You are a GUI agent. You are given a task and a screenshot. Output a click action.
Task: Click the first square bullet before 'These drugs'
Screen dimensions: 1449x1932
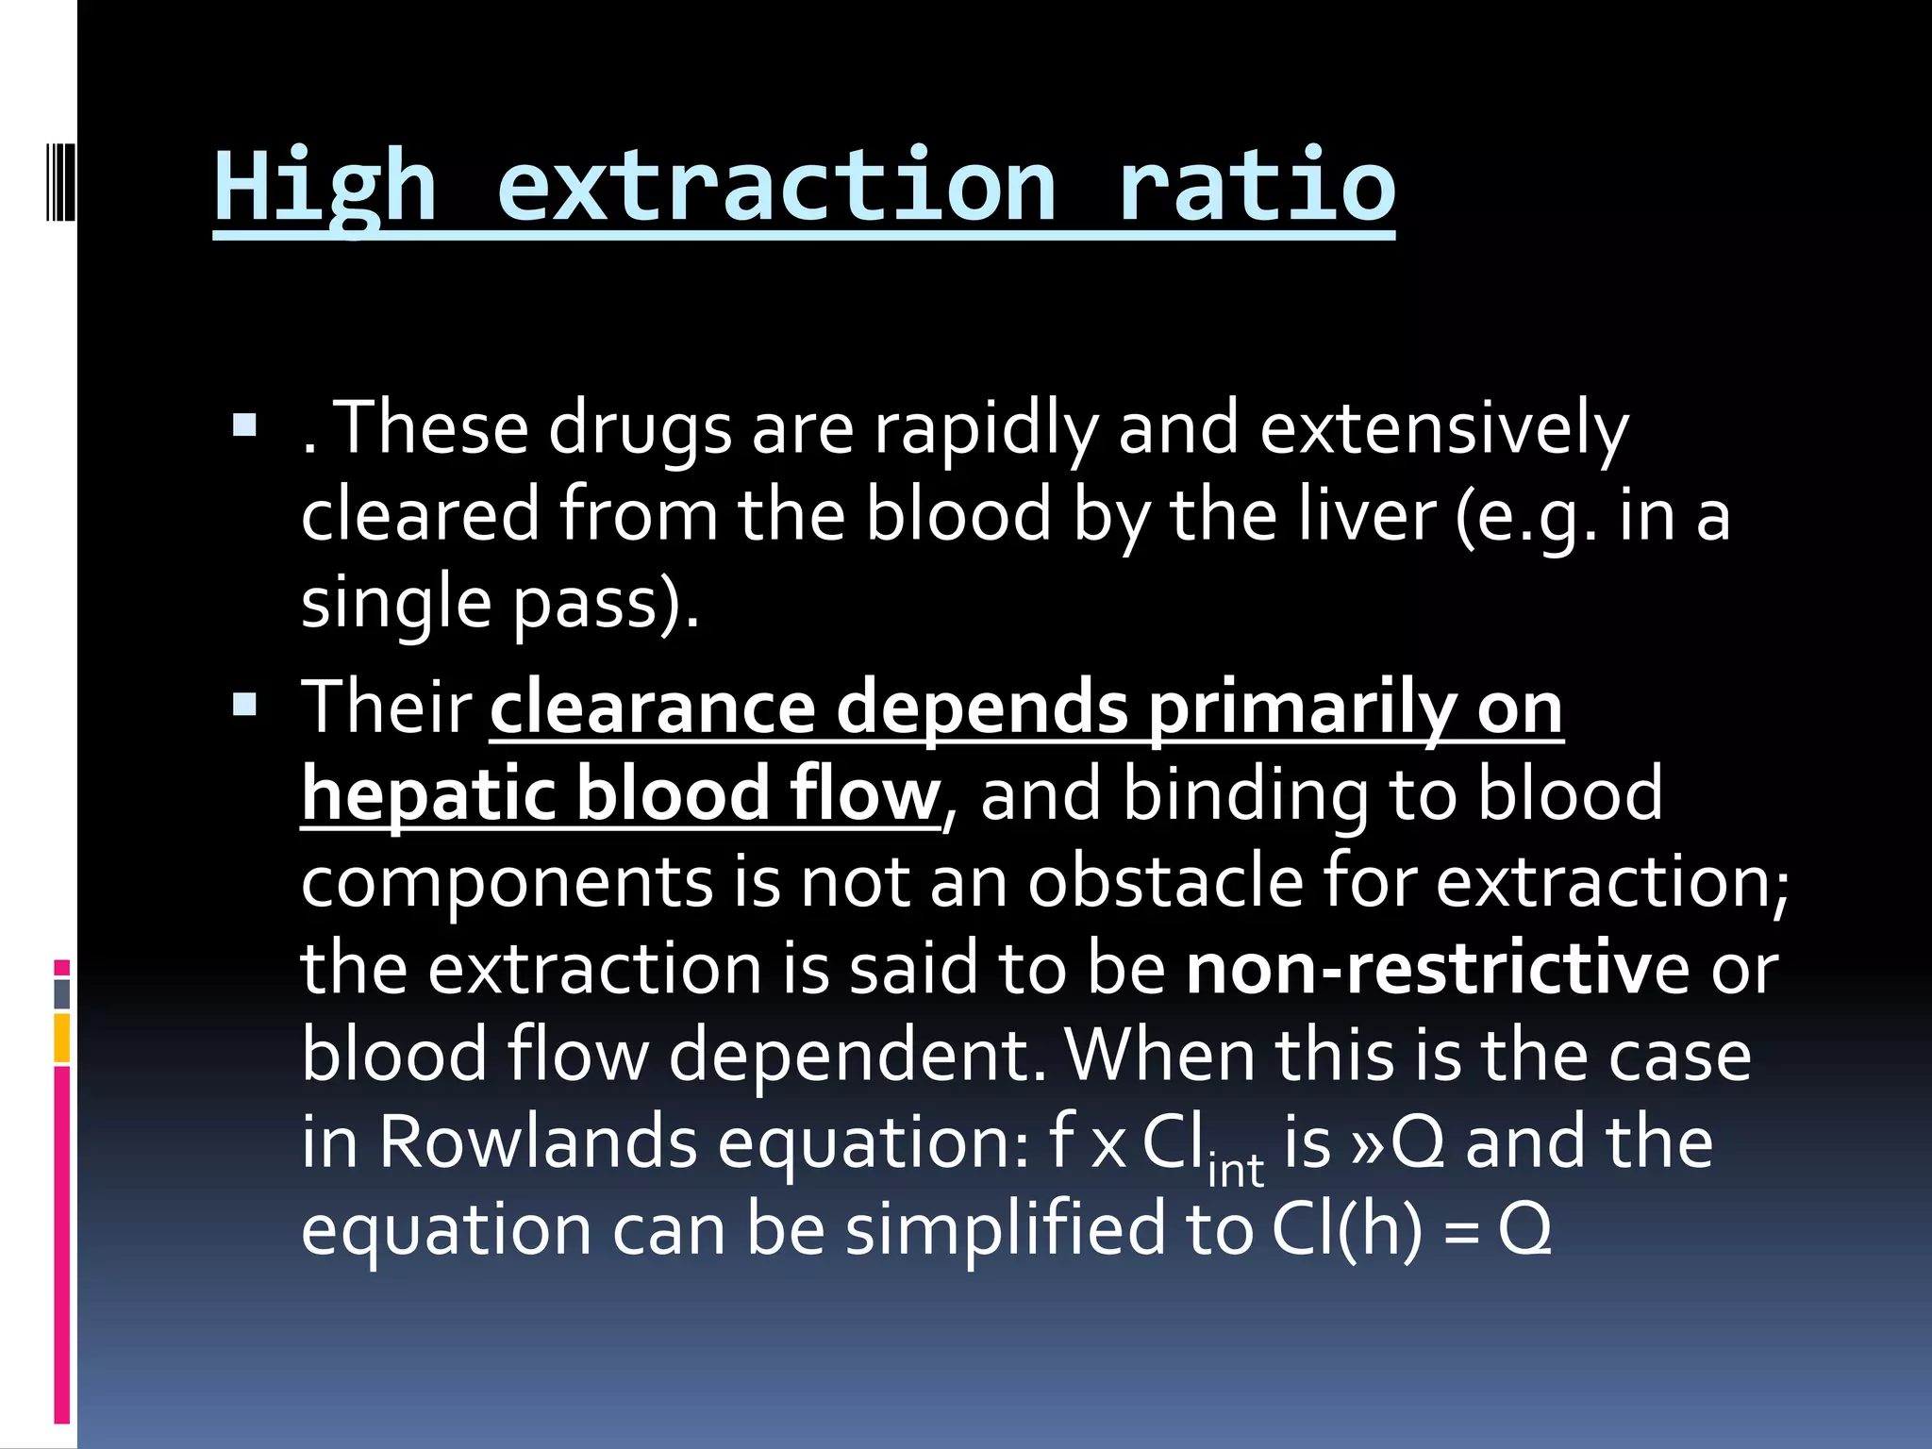[x=244, y=426]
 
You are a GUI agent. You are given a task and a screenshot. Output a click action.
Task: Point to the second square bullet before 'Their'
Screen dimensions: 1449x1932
[x=244, y=705]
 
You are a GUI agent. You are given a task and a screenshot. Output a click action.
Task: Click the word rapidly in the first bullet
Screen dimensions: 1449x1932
[x=985, y=430]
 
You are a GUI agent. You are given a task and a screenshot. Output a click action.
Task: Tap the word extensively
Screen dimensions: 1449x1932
[x=1443, y=430]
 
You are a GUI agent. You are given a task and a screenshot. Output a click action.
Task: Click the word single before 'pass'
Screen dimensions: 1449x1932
[x=396, y=604]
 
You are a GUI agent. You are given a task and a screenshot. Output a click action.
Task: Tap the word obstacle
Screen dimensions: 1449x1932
[x=1164, y=881]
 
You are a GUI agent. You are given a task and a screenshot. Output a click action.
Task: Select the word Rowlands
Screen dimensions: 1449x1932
[x=538, y=1142]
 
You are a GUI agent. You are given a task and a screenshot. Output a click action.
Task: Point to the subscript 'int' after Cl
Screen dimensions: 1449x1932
[x=1236, y=1170]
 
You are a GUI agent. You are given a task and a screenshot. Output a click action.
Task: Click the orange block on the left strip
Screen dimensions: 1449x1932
[x=62, y=1038]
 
